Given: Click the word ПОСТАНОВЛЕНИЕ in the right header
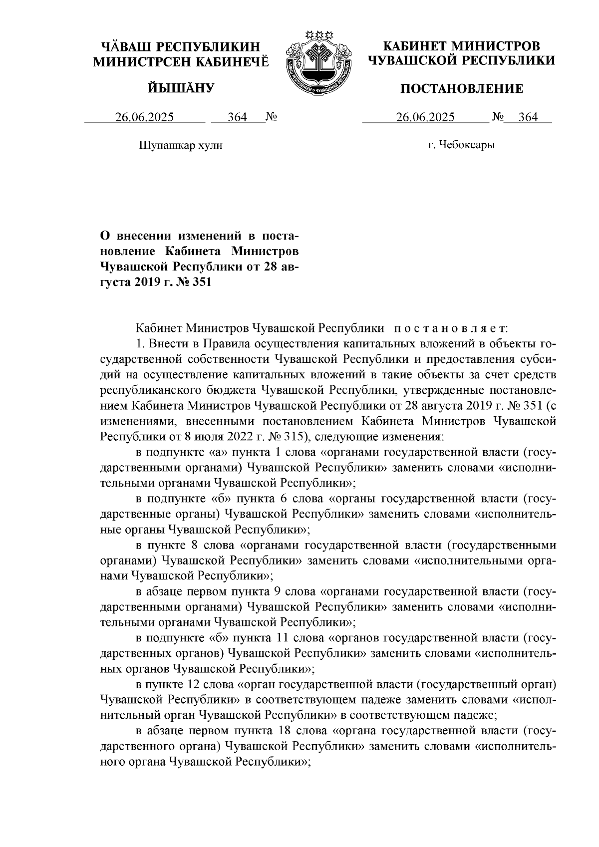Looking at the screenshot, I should pos(462,89).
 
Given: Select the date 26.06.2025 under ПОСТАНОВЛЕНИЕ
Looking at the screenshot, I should pos(425,118).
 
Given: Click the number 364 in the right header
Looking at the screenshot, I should pos(528,118).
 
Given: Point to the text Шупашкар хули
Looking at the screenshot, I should pos(180,146).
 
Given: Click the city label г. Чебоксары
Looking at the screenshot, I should pos(462,146).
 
